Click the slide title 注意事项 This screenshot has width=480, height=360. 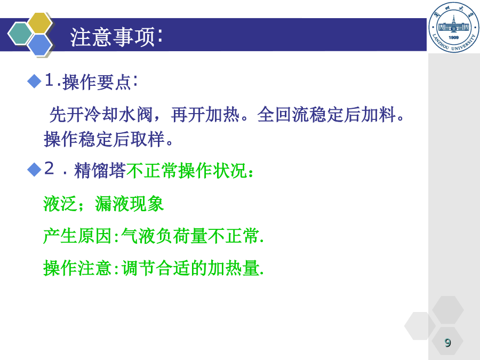[112, 37]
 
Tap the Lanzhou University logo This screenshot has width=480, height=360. [454, 27]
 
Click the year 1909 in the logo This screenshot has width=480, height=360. [454, 37]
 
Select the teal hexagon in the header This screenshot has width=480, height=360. [20, 34]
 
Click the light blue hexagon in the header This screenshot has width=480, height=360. [40, 45]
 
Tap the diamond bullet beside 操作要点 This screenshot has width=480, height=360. [34, 82]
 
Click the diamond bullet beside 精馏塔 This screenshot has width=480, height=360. [34, 170]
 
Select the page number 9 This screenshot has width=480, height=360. [448, 342]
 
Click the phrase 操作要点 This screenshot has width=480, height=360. [97, 82]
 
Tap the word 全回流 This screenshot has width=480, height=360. [283, 115]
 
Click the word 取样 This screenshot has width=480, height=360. [148, 139]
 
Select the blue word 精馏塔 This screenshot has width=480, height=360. [100, 171]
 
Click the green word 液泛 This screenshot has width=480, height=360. [60, 204]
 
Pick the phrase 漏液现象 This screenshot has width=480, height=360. [130, 204]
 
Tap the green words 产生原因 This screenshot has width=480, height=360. [77, 236]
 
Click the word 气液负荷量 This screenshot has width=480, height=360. [164, 236]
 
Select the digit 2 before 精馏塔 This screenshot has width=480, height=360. [49, 169]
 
